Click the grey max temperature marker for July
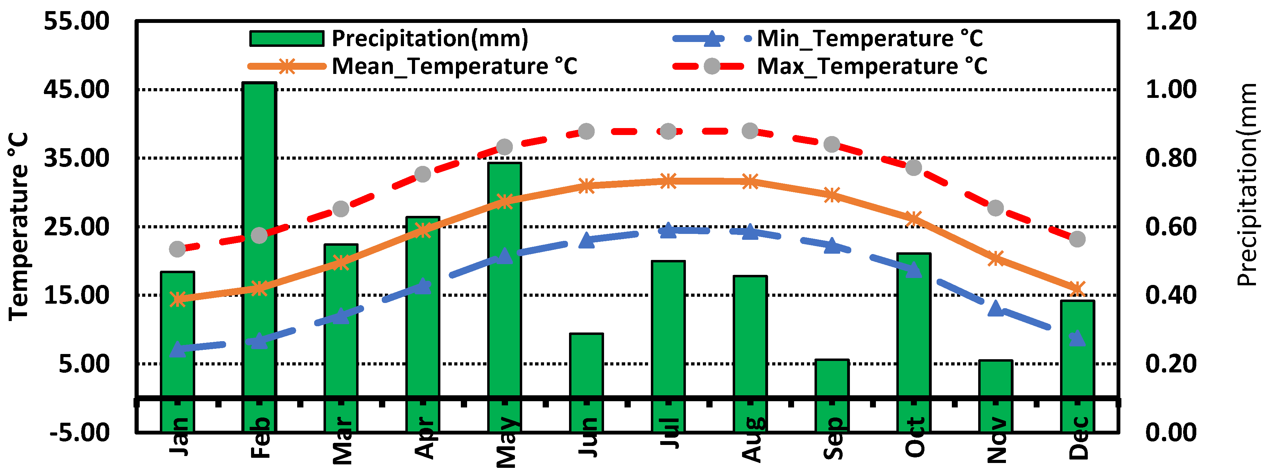point(668,131)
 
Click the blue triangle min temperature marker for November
point(995,309)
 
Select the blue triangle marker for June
point(586,241)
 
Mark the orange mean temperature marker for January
point(178,299)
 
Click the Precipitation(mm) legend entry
point(430,38)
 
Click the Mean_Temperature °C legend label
point(454,66)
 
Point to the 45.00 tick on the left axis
point(76,90)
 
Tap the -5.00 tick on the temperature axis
point(79,432)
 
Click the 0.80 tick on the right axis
point(1171,158)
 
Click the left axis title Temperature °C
point(19,226)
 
